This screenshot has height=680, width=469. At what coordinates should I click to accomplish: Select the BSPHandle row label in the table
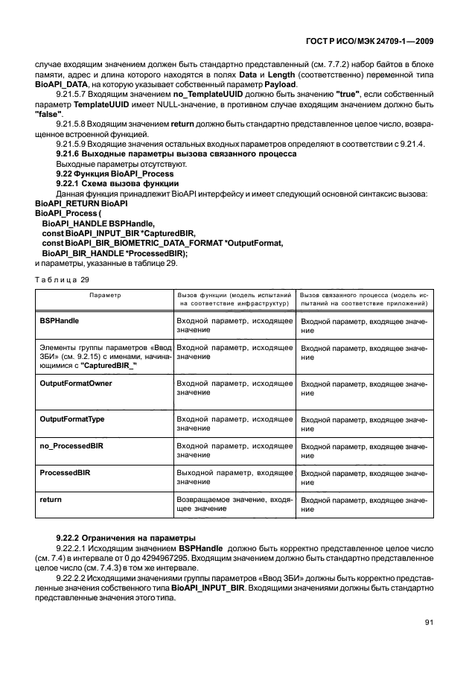pyautogui.click(x=60, y=320)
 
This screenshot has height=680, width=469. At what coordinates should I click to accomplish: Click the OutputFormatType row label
pyautogui.click(x=71, y=419)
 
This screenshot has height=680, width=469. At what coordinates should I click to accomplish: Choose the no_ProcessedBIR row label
pyautogui.click(x=71, y=445)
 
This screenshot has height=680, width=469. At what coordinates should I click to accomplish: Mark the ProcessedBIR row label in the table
pyautogui.click(x=65, y=472)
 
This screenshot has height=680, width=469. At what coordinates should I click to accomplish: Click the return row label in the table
pyautogui.click(x=51, y=498)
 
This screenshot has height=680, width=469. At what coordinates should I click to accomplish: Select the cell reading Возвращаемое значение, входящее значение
pyautogui.click(x=234, y=503)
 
